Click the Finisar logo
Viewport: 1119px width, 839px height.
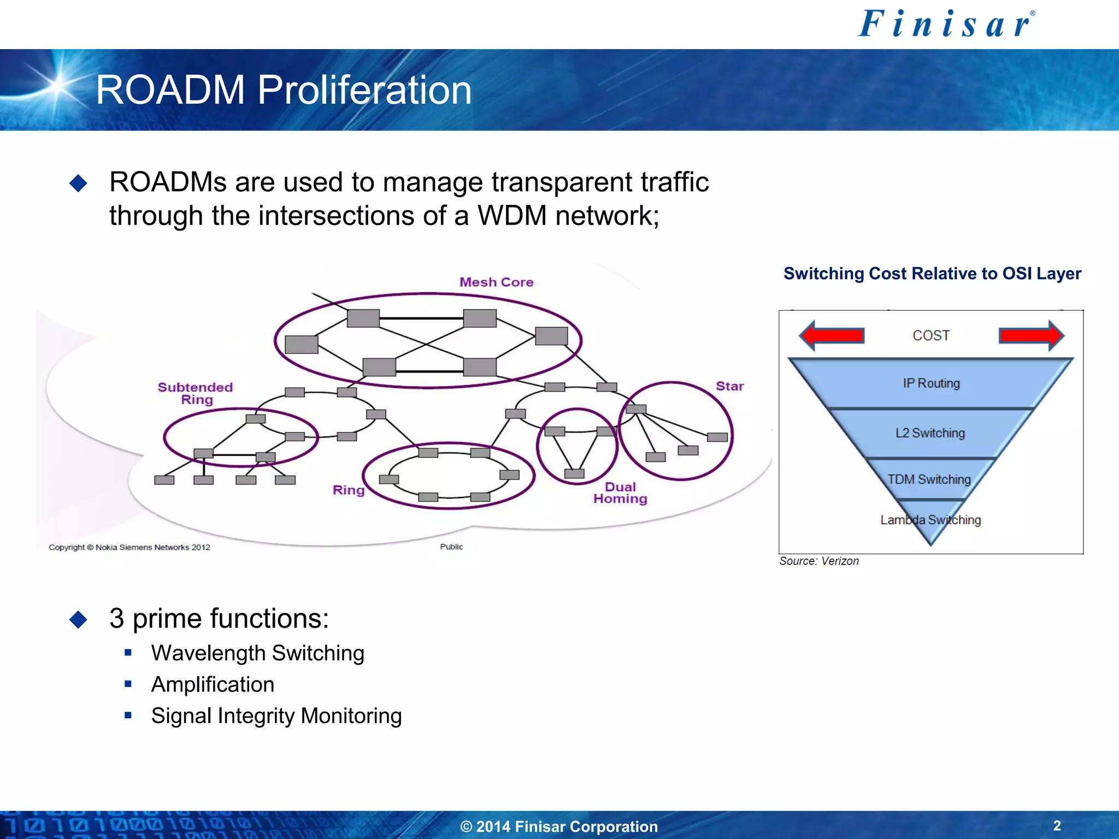[x=946, y=25]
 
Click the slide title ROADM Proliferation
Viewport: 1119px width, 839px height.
[x=284, y=90]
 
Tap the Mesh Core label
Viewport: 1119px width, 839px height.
[x=496, y=282]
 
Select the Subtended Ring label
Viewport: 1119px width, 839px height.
[x=196, y=393]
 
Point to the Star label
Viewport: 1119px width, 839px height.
[x=729, y=386]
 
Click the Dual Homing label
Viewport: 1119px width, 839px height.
[x=620, y=493]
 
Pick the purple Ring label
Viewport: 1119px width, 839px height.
[x=348, y=490]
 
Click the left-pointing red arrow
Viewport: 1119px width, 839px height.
[x=832, y=335]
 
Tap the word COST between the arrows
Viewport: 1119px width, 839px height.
[x=931, y=335]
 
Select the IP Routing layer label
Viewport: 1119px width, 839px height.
[x=931, y=383]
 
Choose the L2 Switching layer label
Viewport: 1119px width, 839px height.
[x=930, y=433]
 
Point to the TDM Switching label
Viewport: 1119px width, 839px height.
[x=929, y=480]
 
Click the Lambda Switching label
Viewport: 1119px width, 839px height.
[x=930, y=520]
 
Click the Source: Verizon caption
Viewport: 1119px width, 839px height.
[x=818, y=561]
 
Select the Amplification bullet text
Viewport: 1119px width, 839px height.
[x=213, y=684]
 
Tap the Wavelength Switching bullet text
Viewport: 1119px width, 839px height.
[x=257, y=653]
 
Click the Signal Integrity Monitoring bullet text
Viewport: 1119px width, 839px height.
[x=276, y=716]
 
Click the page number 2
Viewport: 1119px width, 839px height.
[x=1057, y=825]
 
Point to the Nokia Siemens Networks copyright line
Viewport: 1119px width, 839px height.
[x=129, y=547]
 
